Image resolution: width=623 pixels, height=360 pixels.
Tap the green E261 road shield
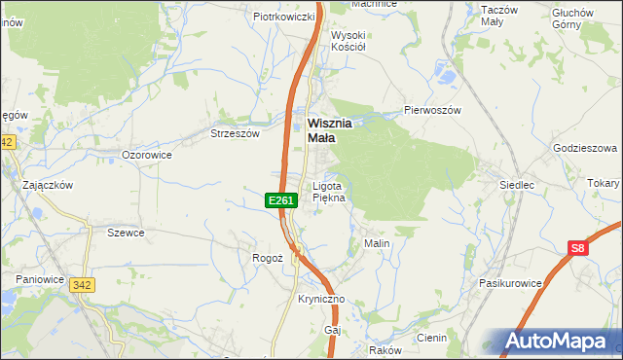coord(280,200)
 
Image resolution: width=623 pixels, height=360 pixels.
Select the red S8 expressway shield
coord(579,248)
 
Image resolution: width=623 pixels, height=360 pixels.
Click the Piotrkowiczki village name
coord(283,17)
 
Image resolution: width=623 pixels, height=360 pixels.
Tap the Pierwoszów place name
coord(432,110)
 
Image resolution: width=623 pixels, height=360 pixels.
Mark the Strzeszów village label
coord(236,134)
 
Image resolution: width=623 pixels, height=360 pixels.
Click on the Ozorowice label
coord(147,155)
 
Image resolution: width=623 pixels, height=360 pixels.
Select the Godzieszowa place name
coord(585,148)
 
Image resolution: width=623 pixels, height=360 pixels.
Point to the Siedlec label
coord(517,184)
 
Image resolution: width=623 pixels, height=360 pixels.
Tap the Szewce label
coord(126,233)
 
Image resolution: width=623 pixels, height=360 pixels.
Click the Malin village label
coord(377,242)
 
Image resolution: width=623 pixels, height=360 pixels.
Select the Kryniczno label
coord(321,301)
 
